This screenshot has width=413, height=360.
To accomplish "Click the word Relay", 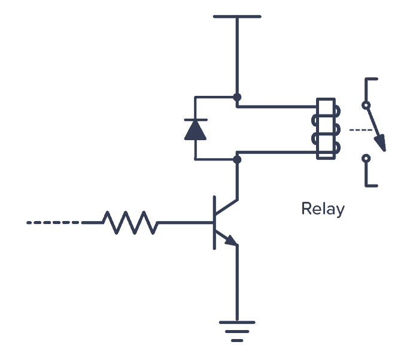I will coord(323,209).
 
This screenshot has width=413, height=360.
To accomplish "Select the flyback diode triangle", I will coord(195,130).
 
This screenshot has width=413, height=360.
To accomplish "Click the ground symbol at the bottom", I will coord(237,330).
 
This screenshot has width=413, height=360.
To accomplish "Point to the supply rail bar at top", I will coord(237,17).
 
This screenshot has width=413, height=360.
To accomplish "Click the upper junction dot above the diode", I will coord(237,96).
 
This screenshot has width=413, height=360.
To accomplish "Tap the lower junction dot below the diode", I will coord(237,159).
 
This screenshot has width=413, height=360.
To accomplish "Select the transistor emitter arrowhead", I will coord(232,241).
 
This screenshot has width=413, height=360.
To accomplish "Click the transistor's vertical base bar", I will coord(214,222).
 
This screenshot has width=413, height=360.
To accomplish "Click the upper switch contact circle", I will coord(366,105).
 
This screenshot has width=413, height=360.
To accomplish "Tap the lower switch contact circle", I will coord(366,159).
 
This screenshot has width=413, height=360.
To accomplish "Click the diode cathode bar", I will coord(195,120).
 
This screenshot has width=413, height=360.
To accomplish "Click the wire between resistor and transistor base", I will coord(186,222).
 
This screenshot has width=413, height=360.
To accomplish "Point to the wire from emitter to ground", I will coord(237,282).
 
